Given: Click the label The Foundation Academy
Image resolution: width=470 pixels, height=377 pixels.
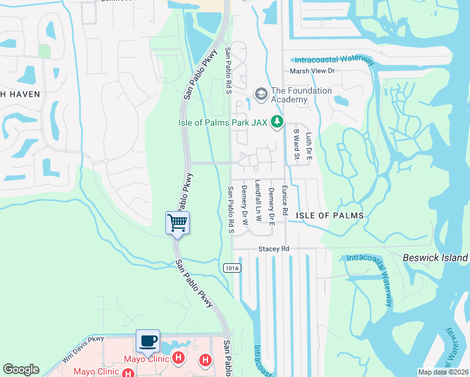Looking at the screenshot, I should pos(301,95).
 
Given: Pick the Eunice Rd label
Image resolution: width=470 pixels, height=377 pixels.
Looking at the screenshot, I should pos(284,200).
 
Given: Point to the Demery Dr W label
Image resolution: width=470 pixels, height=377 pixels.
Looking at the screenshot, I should pos(245,205).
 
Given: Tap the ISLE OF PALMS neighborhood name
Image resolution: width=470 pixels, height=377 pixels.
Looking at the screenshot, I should pos(330,216).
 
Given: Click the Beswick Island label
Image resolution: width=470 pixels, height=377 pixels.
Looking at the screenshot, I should pos(435,258).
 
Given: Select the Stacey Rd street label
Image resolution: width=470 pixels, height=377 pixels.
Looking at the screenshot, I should pos(273,249).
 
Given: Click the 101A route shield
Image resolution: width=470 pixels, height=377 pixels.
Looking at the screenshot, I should pos(231,268).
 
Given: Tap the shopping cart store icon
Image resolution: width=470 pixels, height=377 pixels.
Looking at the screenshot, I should pos(178,222).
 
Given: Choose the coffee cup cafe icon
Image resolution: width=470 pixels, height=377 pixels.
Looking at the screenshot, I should pos(148,341).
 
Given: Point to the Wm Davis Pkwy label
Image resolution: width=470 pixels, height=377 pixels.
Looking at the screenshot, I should pos(83,349).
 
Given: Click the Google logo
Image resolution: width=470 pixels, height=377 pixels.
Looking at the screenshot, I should pos(21,369).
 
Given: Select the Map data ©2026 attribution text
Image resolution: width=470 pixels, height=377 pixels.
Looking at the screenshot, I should pos(442,372).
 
